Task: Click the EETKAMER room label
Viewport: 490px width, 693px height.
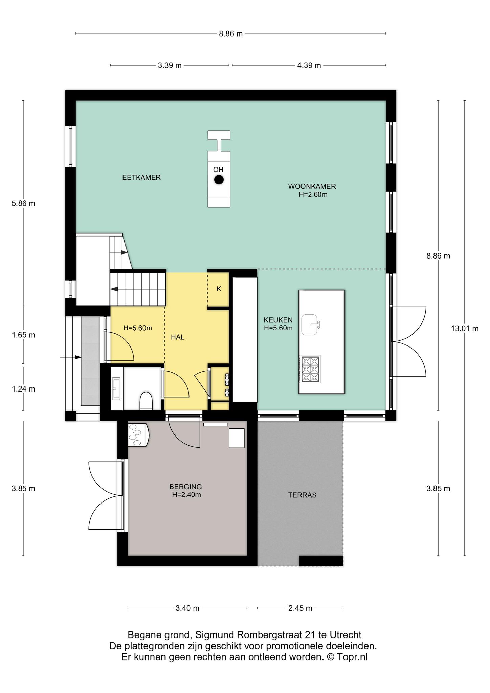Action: click(141, 177)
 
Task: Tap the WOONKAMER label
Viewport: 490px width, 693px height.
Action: click(312, 186)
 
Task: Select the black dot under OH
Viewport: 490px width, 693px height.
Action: click(219, 180)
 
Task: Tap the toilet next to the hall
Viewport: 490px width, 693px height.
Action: click(146, 401)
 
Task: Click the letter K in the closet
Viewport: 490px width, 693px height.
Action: click(219, 289)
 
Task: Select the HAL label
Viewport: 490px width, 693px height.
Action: click(178, 337)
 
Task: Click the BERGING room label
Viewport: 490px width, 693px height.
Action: click(186, 487)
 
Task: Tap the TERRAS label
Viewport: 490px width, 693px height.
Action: click(302, 495)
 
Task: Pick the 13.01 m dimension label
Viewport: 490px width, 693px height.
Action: click(465, 328)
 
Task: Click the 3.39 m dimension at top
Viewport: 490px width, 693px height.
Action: click(170, 65)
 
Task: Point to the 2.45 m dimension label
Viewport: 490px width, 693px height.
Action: click(300, 608)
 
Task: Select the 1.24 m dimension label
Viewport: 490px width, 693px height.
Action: click(23, 389)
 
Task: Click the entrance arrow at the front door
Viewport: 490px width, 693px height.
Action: click(70, 357)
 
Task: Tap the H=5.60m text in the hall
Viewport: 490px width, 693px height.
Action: click(137, 328)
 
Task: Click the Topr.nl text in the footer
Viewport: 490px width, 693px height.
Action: click(352, 657)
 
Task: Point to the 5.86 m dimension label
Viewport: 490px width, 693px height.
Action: click(23, 204)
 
